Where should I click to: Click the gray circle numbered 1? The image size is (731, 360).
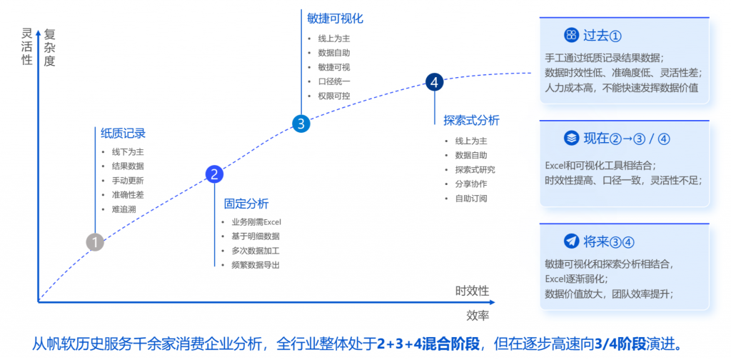(95, 242)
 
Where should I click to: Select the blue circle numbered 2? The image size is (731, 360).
(214, 174)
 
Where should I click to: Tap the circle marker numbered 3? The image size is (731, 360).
(301, 124)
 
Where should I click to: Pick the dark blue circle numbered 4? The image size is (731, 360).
(434, 82)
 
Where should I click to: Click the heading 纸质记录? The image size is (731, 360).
(123, 133)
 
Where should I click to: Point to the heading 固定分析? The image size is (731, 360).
(246, 203)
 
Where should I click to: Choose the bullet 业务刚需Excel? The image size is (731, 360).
(256, 222)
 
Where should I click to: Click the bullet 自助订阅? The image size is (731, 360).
(470, 198)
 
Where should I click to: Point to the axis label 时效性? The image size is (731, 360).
(472, 291)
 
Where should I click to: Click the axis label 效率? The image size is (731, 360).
(478, 315)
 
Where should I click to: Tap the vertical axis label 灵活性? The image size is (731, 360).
(27, 46)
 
